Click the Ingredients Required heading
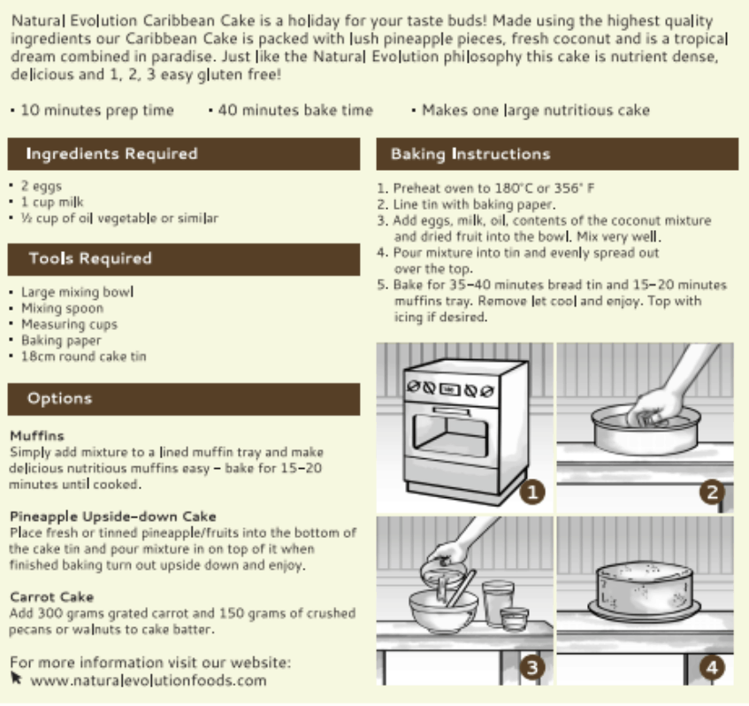click(x=111, y=154)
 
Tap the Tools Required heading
click(x=89, y=258)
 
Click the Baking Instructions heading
click(x=470, y=154)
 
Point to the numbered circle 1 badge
click(x=532, y=493)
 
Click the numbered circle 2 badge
click(x=712, y=493)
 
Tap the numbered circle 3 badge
click(x=532, y=666)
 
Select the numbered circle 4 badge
click(x=712, y=666)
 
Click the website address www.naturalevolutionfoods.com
click(x=148, y=680)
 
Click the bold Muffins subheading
click(x=36, y=436)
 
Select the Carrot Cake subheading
click(x=51, y=597)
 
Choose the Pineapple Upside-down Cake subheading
click(x=112, y=517)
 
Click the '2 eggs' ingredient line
click(x=41, y=187)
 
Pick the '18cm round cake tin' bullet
click(x=83, y=357)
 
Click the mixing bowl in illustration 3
click(x=442, y=610)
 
